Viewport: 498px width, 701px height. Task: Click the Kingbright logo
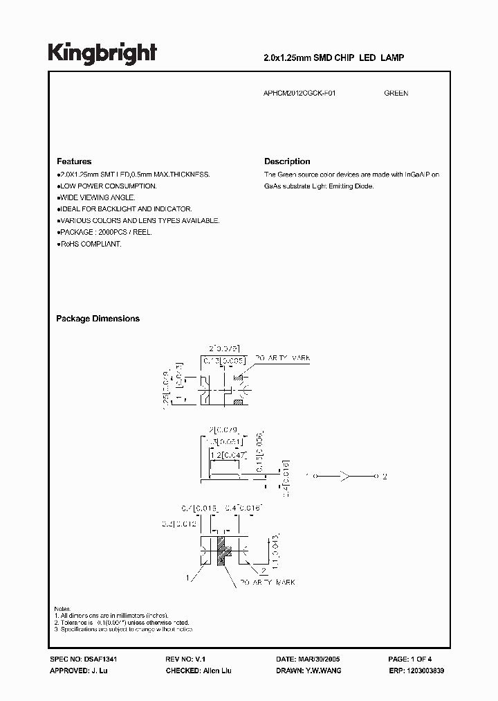102,53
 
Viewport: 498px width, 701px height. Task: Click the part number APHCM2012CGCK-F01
301,93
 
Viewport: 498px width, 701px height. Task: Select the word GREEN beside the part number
396,93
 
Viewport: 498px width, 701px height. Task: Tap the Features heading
73,161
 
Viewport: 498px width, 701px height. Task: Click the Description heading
287,161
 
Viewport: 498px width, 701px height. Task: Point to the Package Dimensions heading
98,319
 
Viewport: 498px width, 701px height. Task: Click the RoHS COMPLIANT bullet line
89,245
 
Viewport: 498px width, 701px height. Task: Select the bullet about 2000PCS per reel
104,233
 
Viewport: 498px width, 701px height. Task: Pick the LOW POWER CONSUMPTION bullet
107,186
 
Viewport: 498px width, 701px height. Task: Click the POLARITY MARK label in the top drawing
282,357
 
